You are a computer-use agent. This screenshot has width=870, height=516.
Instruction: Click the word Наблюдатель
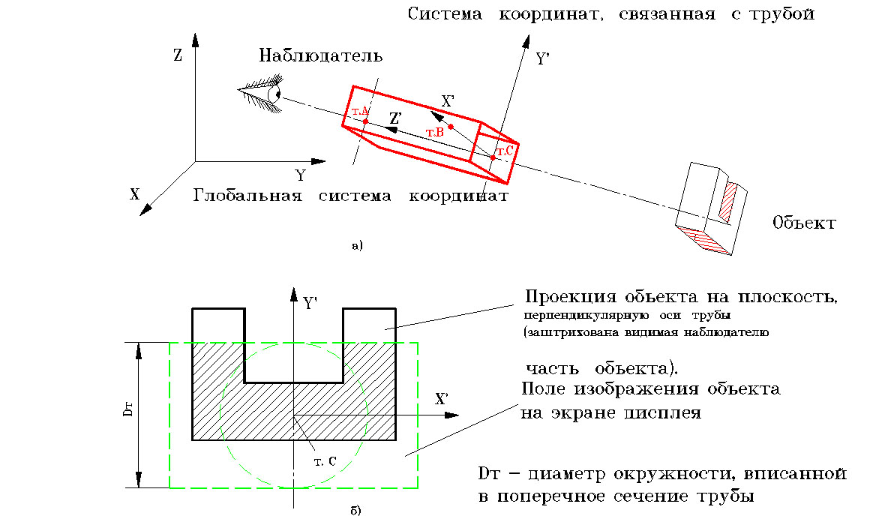pyautogui.click(x=321, y=56)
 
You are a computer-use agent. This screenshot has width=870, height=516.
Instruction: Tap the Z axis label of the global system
pyautogui.click(x=178, y=56)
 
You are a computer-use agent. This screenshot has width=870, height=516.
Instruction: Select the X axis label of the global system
pyautogui.click(x=134, y=194)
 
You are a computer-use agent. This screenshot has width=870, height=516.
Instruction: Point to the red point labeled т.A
pyautogui.click(x=365, y=121)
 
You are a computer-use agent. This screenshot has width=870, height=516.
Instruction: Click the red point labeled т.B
pyautogui.click(x=450, y=126)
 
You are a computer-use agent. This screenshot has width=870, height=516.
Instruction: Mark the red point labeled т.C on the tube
pyautogui.click(x=493, y=157)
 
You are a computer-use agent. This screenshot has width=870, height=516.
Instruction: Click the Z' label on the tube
pyautogui.click(x=396, y=118)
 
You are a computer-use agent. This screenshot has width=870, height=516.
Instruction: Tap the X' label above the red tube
pyautogui.click(x=448, y=100)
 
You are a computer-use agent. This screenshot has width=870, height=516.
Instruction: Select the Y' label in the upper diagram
pyautogui.click(x=544, y=60)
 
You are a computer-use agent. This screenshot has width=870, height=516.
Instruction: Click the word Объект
pyautogui.click(x=804, y=223)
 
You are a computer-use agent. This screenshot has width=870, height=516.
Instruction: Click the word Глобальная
pyautogui.click(x=247, y=196)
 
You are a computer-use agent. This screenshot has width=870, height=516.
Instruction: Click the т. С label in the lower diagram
pyautogui.click(x=325, y=460)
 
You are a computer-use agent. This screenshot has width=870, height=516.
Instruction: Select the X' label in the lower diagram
pyautogui.click(x=442, y=399)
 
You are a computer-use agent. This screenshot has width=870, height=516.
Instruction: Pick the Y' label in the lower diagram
pyautogui.click(x=310, y=303)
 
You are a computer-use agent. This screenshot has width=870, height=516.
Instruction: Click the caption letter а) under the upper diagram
pyautogui.click(x=356, y=244)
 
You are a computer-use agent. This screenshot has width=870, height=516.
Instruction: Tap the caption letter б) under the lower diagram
pyautogui.click(x=356, y=510)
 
